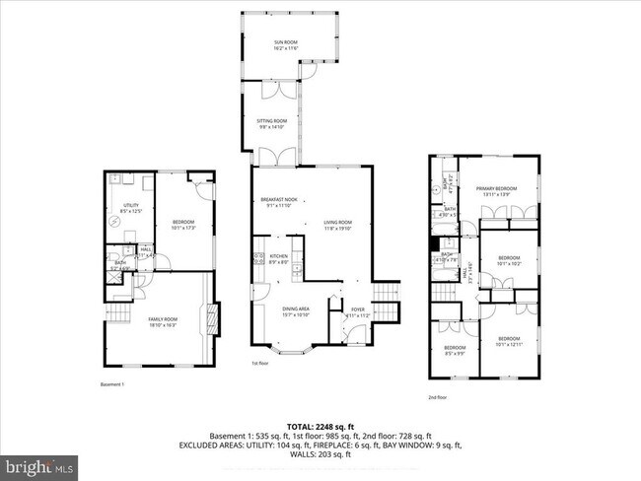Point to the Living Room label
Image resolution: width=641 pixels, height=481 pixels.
click(338, 226)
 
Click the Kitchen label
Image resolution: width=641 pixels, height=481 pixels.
click(279, 259)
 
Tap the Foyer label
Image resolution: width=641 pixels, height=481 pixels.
click(357, 311)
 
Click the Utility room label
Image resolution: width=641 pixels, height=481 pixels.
click(131, 208)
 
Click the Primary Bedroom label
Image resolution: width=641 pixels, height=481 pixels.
click(496, 191)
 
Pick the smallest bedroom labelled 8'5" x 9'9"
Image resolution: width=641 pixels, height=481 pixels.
click(454, 350)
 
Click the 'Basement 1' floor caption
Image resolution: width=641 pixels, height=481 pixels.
click(113, 384)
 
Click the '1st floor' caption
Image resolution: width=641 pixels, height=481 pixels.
click(260, 364)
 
